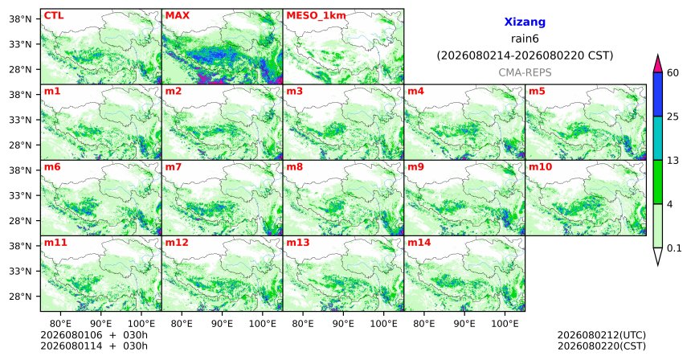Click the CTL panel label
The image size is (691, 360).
(54, 16)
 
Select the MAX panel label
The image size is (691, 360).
(177, 16)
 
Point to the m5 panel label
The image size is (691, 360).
(537, 92)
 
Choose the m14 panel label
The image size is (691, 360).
(419, 243)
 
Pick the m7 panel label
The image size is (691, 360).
(174, 167)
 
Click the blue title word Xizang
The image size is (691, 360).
(525, 22)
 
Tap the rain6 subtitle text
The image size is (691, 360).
(525, 39)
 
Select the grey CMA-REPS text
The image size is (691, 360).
(525, 72)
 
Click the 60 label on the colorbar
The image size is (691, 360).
(673, 73)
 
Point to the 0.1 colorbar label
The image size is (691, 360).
(674, 248)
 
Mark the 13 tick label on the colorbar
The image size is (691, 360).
(673, 161)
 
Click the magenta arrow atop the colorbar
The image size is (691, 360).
(658, 63)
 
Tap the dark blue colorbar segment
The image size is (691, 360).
(658, 94)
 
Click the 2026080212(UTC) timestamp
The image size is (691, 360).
(602, 336)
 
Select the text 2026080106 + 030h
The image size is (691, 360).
(94, 335)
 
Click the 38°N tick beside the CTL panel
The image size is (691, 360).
(20, 19)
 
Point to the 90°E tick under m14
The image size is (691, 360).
(464, 324)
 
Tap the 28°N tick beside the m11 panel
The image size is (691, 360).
(20, 297)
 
